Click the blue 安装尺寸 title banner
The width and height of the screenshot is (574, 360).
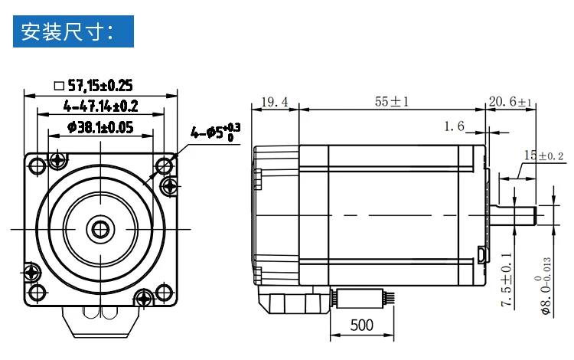[x=73, y=31]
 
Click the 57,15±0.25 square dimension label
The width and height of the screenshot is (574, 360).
[x=100, y=85]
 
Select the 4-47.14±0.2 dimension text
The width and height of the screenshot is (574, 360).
[x=101, y=106]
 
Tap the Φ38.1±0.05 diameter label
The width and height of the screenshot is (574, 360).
[x=100, y=127]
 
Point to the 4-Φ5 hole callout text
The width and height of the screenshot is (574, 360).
[x=215, y=133]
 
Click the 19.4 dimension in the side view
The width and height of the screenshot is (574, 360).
[x=275, y=102]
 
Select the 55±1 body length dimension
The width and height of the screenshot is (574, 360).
[x=392, y=101]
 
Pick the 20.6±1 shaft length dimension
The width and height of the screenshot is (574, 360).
[x=510, y=101]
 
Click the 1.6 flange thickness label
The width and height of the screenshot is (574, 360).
[x=454, y=126]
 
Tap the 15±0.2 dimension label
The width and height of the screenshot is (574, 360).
[x=543, y=155]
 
